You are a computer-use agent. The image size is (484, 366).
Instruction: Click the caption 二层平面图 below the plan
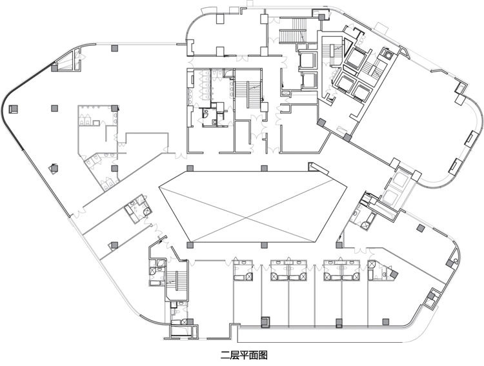coord(244,355)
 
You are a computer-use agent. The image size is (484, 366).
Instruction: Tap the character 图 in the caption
coord(263,355)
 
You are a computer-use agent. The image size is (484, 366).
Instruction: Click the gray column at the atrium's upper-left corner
coord(190,168)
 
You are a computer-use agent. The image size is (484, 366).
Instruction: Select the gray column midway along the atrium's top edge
coord(264,168)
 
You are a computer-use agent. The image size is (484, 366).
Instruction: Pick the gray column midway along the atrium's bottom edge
coord(264,245)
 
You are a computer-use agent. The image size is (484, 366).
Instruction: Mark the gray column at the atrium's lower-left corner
coord(190,245)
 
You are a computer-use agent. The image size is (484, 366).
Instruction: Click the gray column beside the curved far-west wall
coord(14,109)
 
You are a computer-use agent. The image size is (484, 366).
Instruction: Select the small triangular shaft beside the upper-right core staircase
coord(348,47)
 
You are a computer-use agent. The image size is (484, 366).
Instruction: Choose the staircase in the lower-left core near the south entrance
coord(177,281)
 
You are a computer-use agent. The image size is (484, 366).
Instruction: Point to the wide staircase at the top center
coord(292,31)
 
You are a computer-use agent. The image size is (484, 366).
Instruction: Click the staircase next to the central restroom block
coord(248,94)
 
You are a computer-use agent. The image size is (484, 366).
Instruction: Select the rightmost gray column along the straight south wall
coord(385,322)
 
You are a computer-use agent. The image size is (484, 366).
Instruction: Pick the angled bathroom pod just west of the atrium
coord(139,208)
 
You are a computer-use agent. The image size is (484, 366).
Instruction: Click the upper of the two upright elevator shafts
coord(308,59)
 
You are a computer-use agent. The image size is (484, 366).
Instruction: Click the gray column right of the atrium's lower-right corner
coord(339,245)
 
